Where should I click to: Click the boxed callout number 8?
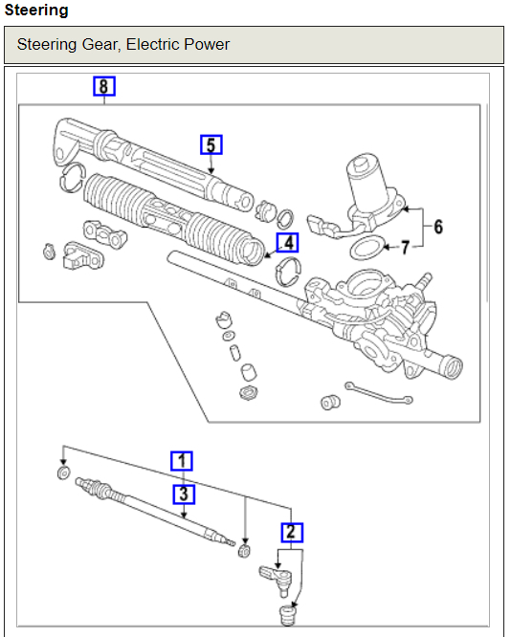104,86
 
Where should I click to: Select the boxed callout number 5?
211,144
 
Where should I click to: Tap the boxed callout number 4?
287,243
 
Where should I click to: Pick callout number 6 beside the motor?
438,227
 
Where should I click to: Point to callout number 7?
405,248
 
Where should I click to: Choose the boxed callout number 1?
181,461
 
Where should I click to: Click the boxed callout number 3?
184,494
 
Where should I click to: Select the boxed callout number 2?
292,532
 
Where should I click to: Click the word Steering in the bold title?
36,11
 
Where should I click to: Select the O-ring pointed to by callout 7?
367,248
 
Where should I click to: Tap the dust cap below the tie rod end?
287,615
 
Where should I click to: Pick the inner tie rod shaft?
155,512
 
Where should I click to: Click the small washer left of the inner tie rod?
63,472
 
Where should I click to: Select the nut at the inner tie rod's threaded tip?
244,551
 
